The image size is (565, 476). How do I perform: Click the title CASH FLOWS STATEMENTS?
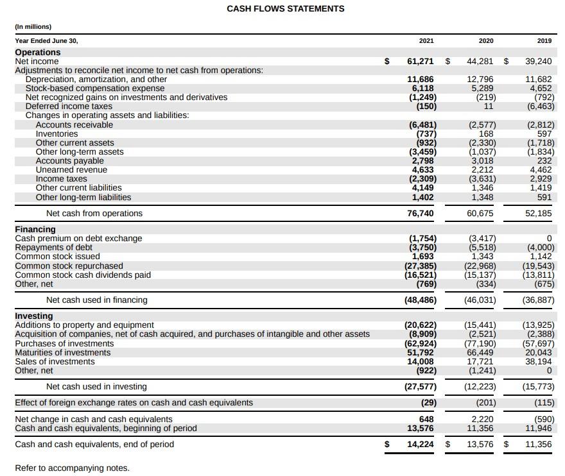285,9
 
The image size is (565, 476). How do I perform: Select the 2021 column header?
426,40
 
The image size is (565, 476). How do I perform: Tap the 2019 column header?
544,40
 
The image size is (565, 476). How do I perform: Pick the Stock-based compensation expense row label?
95,89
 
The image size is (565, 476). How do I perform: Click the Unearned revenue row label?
71,170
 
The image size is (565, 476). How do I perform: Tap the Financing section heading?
35,229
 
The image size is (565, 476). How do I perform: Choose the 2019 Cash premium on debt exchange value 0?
549,239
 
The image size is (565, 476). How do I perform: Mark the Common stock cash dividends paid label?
83,275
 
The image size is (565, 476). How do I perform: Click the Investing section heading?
34,316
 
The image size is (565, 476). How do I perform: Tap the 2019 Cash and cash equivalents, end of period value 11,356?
538,445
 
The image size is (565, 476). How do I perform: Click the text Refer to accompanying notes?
72,468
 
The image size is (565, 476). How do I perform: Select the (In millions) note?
33,26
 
